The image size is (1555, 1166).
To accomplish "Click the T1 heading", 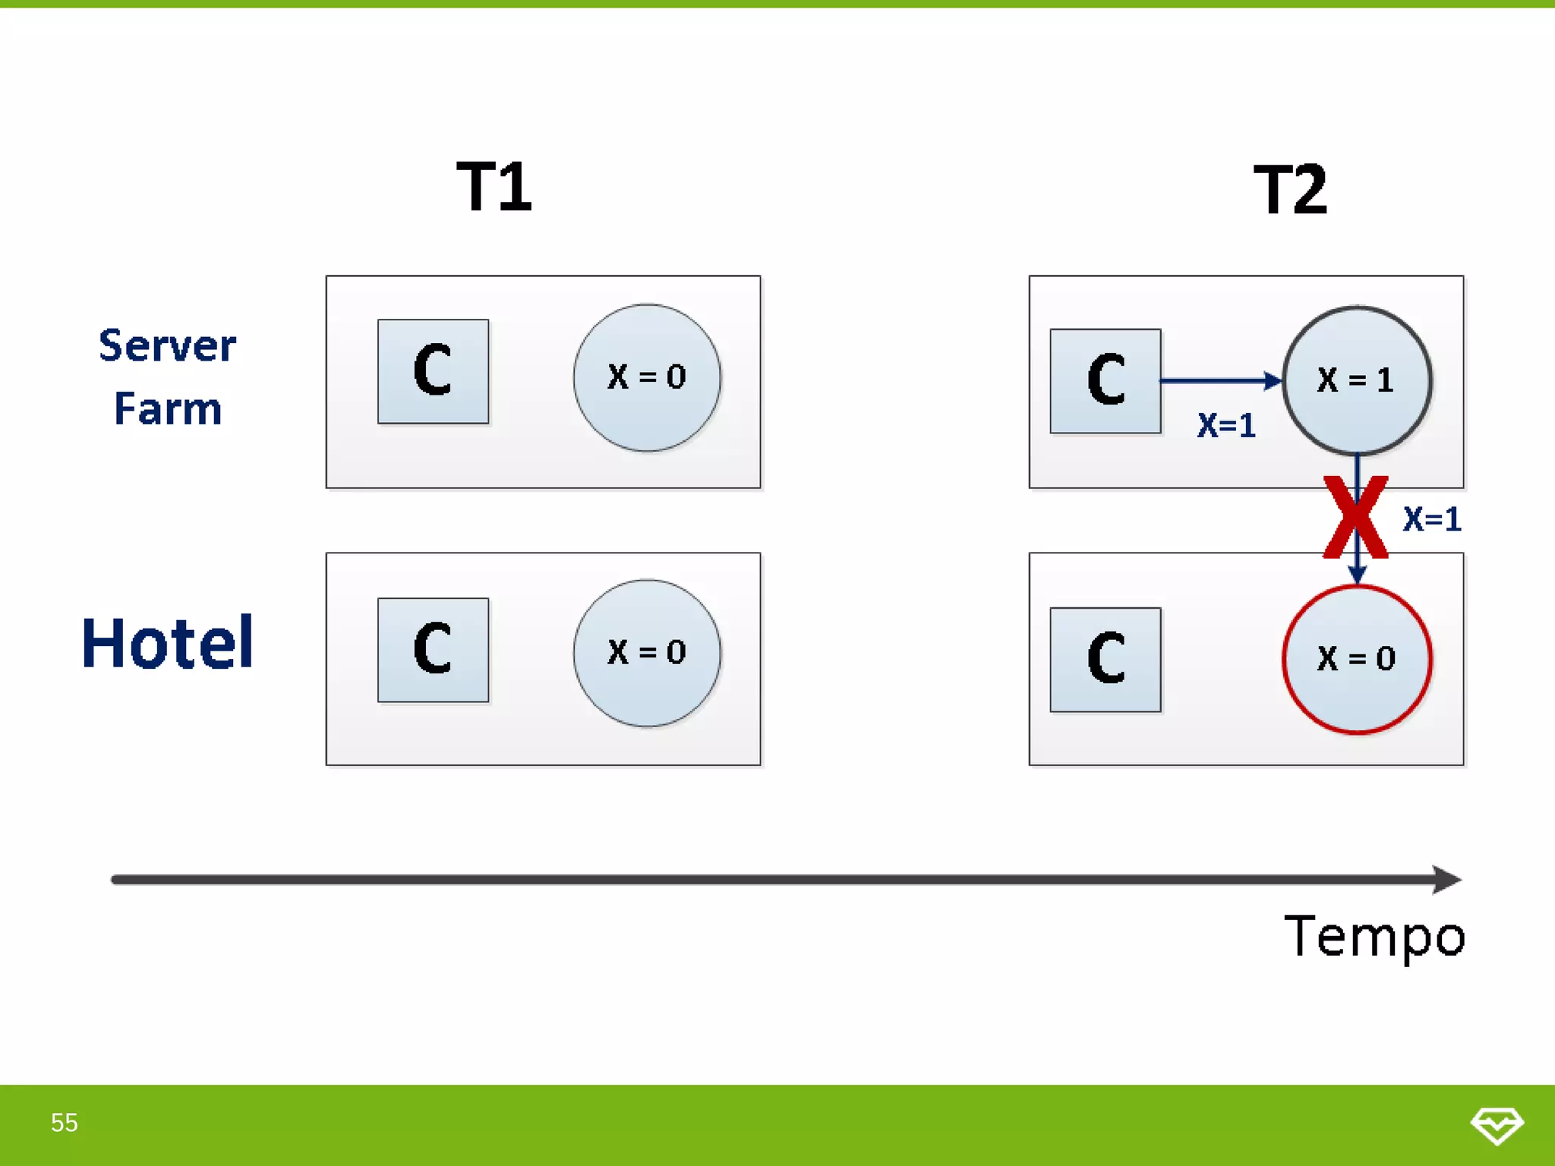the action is click(494, 187).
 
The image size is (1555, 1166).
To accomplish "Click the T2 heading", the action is click(1290, 190).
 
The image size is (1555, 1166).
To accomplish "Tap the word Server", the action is click(167, 346).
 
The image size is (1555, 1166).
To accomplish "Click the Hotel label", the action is click(167, 643).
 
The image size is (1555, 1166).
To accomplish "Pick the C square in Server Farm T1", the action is click(433, 371).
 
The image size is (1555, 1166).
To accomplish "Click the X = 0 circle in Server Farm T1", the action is click(647, 377).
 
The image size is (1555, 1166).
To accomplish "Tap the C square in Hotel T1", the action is click(433, 650).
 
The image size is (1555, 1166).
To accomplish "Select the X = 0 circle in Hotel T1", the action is click(647, 653).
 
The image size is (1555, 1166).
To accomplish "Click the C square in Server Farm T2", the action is click(1106, 381).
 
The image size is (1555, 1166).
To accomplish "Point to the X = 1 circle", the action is click(1357, 380).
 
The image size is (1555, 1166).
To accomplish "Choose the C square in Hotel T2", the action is click(1106, 660).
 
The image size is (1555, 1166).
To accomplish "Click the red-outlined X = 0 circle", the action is click(1357, 659).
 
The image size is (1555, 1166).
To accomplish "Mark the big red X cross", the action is click(1355, 518).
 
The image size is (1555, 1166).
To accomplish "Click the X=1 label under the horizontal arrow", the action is click(1226, 425).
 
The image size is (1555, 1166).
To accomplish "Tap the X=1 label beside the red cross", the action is click(1432, 519).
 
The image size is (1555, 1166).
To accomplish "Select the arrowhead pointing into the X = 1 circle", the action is click(1273, 380).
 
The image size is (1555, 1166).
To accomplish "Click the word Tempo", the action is click(1374, 937).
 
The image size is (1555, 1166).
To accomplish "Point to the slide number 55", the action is click(65, 1123).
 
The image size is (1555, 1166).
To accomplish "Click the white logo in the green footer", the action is click(1497, 1124).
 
